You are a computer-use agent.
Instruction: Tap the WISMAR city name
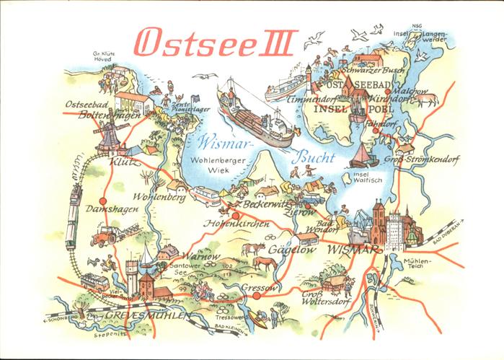point(349,250)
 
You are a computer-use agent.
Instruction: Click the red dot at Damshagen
point(103,201)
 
